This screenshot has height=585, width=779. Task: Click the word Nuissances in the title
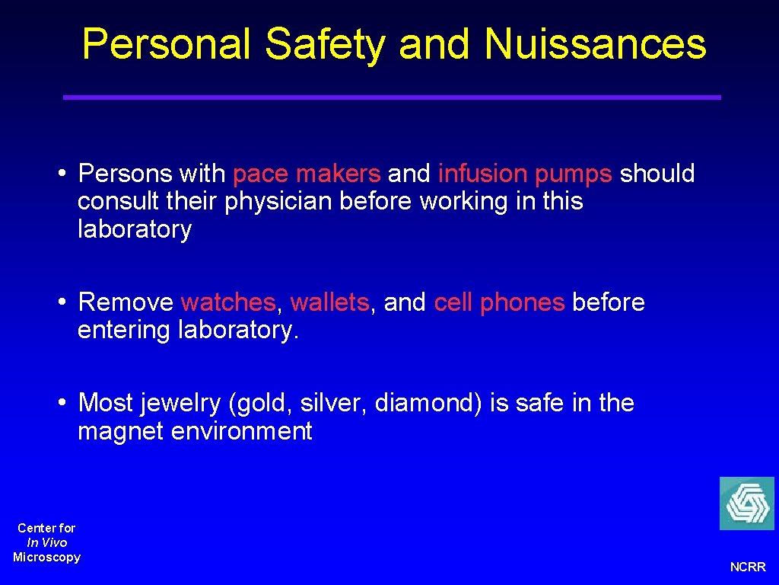coord(595,44)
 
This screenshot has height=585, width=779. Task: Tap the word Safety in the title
coord(325,44)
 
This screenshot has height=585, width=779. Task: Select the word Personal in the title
coord(167,44)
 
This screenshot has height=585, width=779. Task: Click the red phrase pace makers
coord(307,174)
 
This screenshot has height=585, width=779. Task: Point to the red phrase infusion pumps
coord(525,174)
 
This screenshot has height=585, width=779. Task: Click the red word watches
coord(228,302)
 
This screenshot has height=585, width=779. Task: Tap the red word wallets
coord(329,302)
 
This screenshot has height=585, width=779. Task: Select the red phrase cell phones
coord(499,302)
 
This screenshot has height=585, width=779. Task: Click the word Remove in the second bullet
coord(126,302)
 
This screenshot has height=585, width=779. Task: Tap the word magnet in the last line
coord(120,432)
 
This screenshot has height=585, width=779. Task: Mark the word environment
coord(242,432)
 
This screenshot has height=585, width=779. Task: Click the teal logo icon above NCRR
coord(746,503)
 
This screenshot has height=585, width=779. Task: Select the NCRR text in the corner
coord(748,567)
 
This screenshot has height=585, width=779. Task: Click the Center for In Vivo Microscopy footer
coord(46,542)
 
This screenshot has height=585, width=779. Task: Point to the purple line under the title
coord(392,97)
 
